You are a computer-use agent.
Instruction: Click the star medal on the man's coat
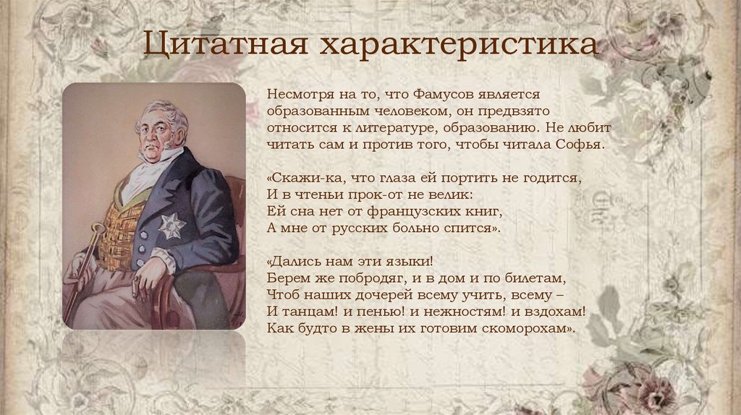tap(171, 226)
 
